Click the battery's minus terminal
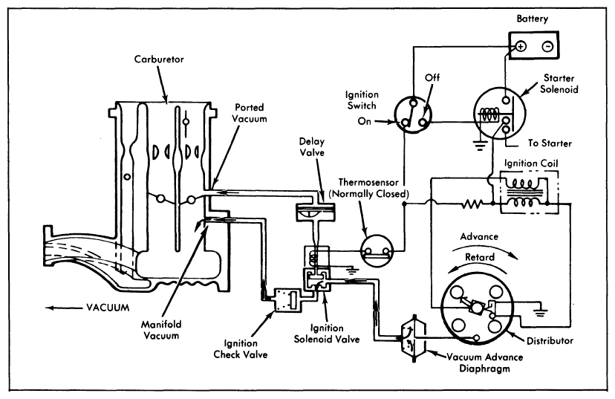546,45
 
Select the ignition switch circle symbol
414,113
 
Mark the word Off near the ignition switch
433,77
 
